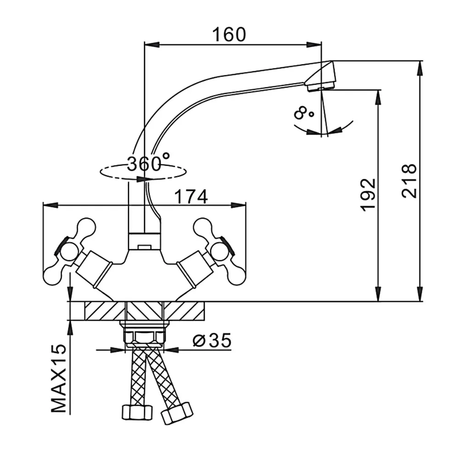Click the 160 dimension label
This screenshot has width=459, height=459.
click(229, 34)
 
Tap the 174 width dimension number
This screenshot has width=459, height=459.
click(191, 197)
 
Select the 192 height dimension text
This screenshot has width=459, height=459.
click(368, 194)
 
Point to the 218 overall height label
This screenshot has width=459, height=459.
click(409, 181)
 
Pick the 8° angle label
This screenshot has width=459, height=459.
click(303, 113)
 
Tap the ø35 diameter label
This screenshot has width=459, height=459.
click(212, 340)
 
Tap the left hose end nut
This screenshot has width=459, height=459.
click(137, 412)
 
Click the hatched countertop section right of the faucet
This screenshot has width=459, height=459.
click(184, 311)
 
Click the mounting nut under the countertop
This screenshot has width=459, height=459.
click(144, 334)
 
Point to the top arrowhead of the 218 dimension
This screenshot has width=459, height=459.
click(420, 68)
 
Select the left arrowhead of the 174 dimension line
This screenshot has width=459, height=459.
click(50, 205)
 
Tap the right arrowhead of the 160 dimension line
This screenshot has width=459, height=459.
click(314, 45)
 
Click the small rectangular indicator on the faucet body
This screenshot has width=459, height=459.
click(144, 247)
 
